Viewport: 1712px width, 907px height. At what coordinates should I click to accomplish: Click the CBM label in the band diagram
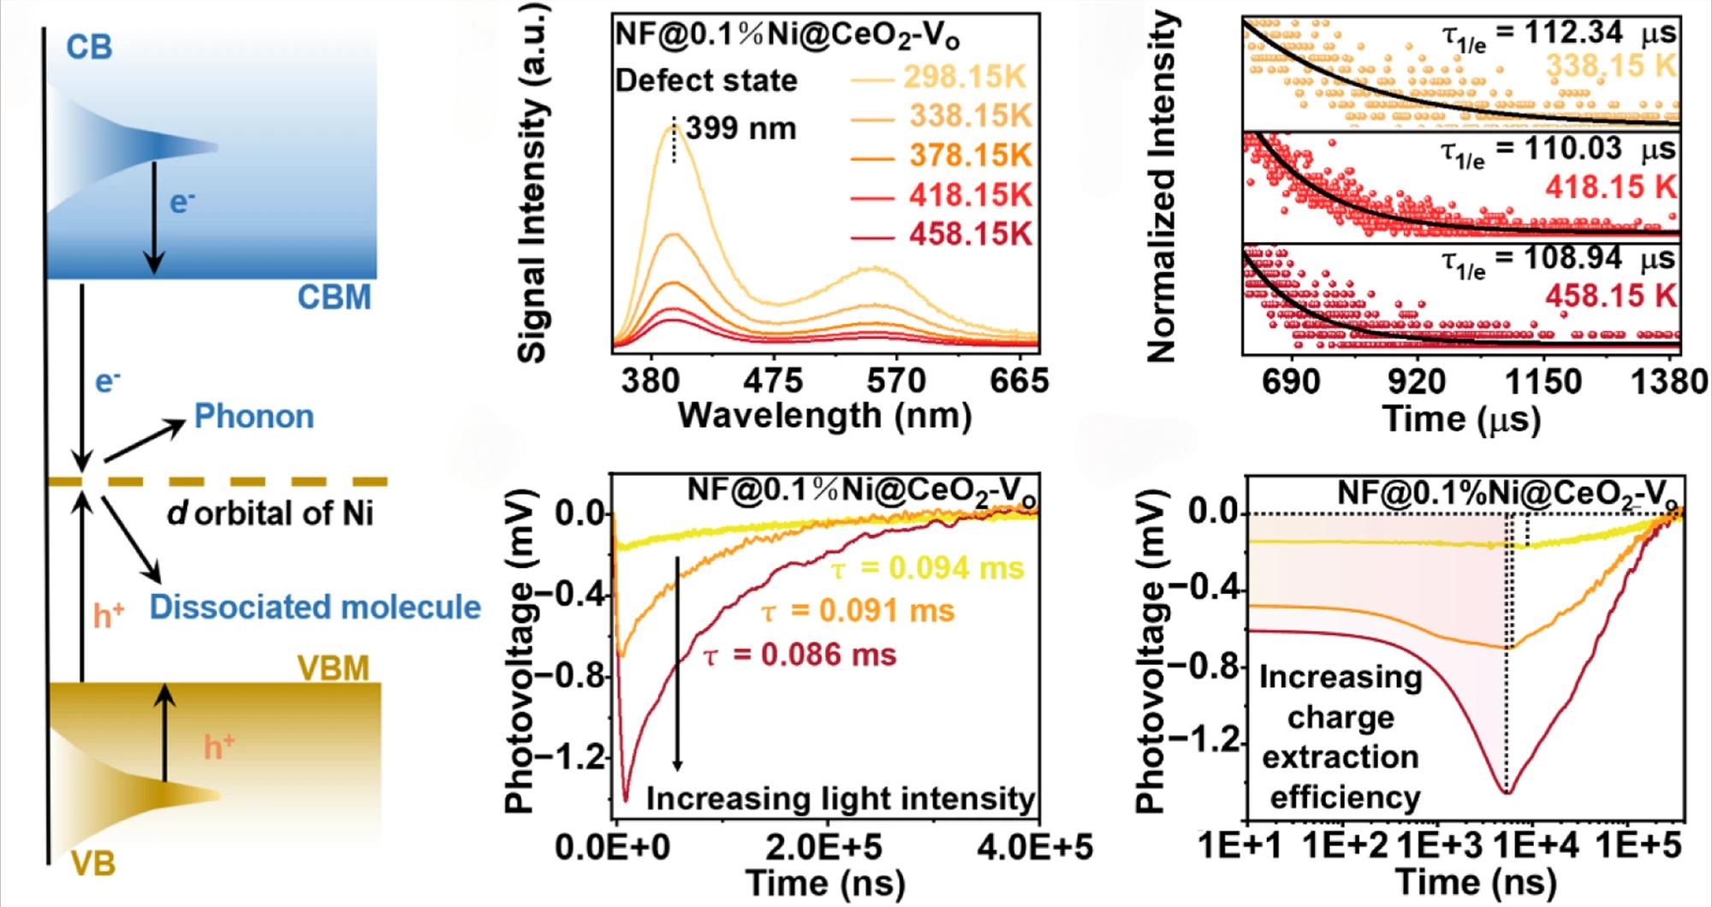click(334, 298)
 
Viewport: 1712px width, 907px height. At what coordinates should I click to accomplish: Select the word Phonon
click(254, 417)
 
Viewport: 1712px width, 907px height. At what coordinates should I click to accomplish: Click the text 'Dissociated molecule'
click(315, 607)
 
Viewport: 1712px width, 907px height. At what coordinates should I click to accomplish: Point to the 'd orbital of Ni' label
click(270, 513)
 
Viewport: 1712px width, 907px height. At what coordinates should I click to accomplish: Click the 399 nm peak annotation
click(740, 128)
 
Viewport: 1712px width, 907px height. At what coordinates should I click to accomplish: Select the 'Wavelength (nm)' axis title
click(824, 416)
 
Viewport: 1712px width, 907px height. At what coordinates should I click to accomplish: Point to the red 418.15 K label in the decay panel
click(1610, 187)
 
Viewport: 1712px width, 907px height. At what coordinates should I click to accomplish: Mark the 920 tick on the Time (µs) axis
click(1417, 382)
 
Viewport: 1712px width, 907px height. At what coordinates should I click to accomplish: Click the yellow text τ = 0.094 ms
click(927, 568)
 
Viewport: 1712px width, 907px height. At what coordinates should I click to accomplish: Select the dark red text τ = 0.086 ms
click(799, 655)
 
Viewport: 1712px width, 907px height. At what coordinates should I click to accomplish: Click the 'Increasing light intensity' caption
click(840, 798)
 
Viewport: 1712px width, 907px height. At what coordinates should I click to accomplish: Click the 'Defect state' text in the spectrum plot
click(706, 81)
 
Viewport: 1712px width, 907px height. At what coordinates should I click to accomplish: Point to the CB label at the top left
click(89, 48)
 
